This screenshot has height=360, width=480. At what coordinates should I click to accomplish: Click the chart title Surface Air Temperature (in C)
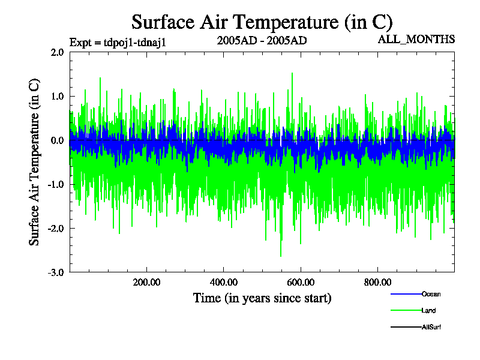pos(262,22)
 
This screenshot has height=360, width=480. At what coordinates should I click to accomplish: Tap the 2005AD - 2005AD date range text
pos(262,41)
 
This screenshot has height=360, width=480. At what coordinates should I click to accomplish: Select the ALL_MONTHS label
pos(416,40)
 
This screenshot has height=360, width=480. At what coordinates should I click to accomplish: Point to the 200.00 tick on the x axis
pos(146,283)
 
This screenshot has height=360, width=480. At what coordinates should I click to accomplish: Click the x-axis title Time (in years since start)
pos(262,298)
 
